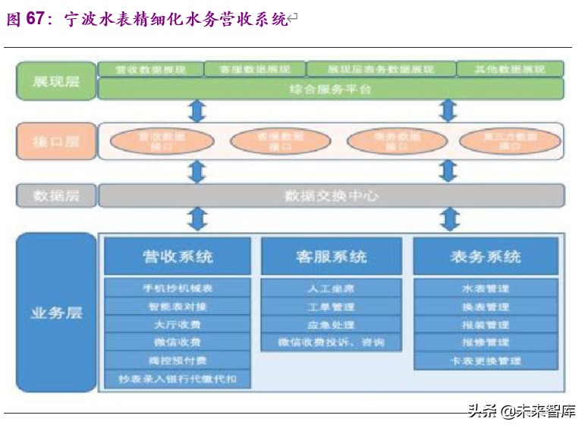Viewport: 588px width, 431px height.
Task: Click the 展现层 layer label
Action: pyautogui.click(x=56, y=80)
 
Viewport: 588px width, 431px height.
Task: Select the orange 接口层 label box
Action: pyautogui.click(x=56, y=140)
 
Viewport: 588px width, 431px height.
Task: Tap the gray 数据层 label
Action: pyautogui.click(x=56, y=196)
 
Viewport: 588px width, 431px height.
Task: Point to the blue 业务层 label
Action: pyautogui.click(x=56, y=313)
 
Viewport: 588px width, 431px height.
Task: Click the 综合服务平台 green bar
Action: pyautogui.click(x=331, y=90)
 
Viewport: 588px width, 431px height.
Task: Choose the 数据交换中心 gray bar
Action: pyautogui.click(x=331, y=196)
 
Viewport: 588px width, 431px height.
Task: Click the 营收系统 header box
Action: pyautogui.click(x=178, y=256)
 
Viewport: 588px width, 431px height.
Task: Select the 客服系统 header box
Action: pyautogui.click(x=331, y=256)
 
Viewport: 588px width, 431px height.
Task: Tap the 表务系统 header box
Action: pyautogui.click(x=486, y=256)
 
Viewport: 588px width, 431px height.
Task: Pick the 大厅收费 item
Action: pyautogui.click(x=178, y=325)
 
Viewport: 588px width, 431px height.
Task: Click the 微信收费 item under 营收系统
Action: pyautogui.click(x=178, y=342)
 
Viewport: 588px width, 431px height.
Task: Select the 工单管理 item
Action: pyautogui.click(x=331, y=307)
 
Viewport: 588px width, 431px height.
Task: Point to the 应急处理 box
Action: pyautogui.click(x=331, y=324)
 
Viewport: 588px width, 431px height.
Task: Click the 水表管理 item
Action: pyautogui.click(x=486, y=288)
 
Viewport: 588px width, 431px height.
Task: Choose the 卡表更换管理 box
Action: pyautogui.click(x=486, y=360)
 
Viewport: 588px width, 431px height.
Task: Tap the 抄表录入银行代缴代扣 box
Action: pyautogui.click(x=178, y=378)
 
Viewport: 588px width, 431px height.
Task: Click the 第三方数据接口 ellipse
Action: pyautogui.click(x=510, y=141)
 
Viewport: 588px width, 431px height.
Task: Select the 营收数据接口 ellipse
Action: pyautogui.click(x=162, y=141)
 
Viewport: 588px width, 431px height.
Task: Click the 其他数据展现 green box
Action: pyautogui.click(x=510, y=69)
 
